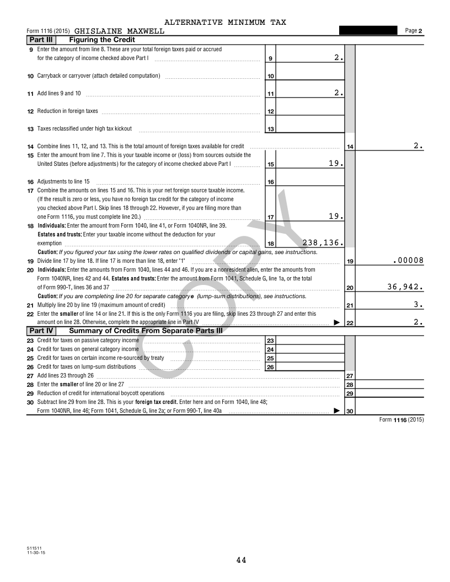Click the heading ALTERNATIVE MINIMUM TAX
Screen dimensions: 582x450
[x=225, y=22]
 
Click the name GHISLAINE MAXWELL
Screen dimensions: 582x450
[x=119, y=31]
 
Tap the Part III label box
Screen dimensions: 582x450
[x=41, y=40]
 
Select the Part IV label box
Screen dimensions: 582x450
[x=41, y=331]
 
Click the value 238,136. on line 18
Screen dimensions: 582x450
[x=323, y=242]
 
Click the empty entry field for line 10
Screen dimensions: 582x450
[x=310, y=76]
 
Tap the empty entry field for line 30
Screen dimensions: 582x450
[x=392, y=411]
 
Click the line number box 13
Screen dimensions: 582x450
[x=271, y=129]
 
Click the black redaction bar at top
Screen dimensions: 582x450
[x=368, y=30]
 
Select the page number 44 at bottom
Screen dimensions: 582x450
[x=241, y=561]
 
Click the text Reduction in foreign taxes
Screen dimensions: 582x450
[x=67, y=111]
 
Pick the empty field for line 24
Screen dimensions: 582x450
[x=310, y=349]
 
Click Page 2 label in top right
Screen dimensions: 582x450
[x=413, y=31]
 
